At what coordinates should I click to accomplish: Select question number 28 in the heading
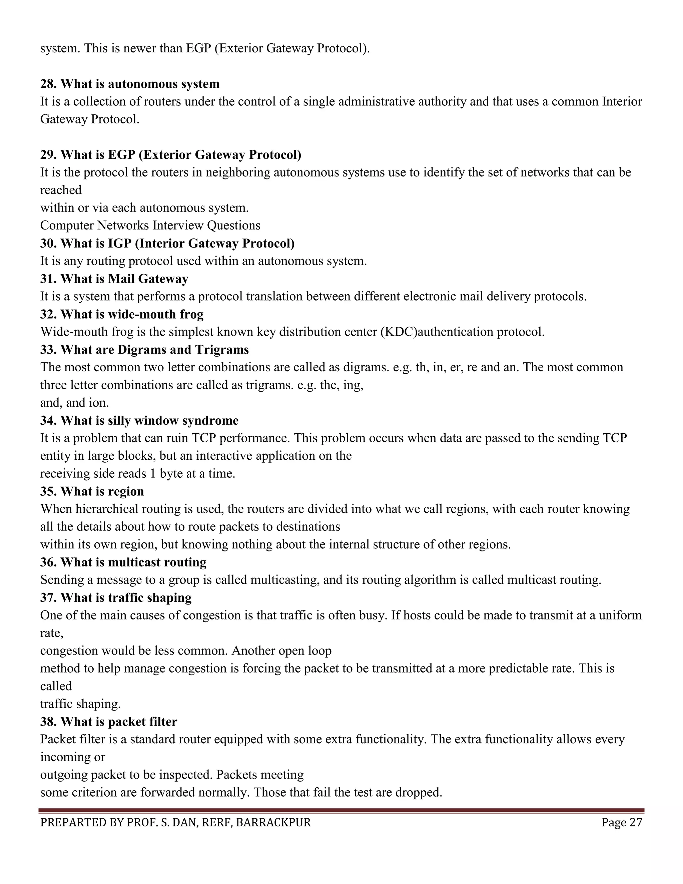tap(49, 84)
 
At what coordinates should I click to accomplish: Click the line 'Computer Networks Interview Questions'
tap(150, 226)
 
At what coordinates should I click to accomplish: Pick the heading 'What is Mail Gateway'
tap(124, 279)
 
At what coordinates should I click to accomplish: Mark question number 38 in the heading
tap(49, 721)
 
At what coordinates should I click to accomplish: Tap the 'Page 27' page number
tap(622, 823)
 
